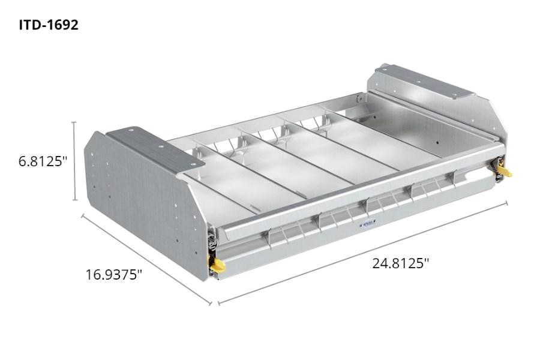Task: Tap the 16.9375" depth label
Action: click(113, 275)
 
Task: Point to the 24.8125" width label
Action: click(400, 263)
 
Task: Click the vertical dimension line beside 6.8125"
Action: click(74, 161)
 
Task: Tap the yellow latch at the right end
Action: click(504, 172)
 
